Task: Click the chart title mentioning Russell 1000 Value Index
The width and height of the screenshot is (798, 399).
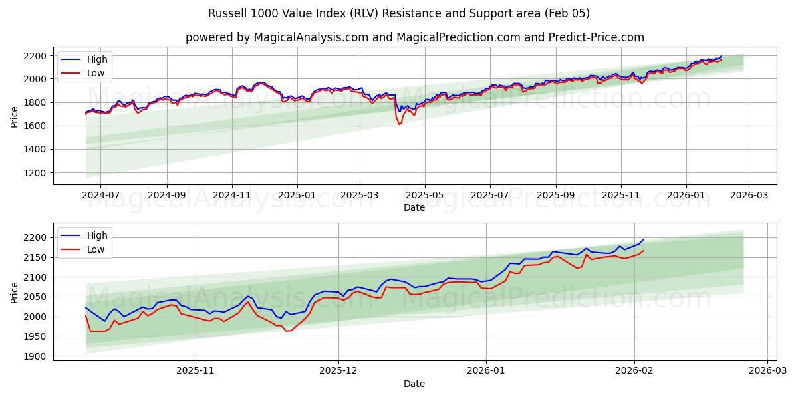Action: (x=398, y=13)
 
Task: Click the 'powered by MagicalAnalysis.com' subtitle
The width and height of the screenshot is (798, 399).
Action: (x=414, y=37)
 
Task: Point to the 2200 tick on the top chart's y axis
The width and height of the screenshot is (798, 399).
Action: (x=36, y=55)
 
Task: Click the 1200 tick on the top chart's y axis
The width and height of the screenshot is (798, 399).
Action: (x=36, y=173)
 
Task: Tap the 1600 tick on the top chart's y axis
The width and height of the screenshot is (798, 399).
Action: (x=36, y=126)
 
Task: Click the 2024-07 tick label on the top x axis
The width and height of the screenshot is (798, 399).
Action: (x=100, y=196)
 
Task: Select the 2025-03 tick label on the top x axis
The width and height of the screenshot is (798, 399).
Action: (x=360, y=196)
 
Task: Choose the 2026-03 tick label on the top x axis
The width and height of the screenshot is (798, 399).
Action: (x=749, y=196)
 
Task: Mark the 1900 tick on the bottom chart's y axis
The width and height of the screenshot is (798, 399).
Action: (x=36, y=356)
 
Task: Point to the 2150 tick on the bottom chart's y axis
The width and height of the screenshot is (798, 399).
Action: (x=36, y=257)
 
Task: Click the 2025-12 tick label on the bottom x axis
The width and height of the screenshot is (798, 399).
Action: (x=338, y=372)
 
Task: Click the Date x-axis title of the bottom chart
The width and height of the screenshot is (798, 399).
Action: (x=414, y=384)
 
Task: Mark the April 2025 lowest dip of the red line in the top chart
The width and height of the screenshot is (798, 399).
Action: (x=400, y=124)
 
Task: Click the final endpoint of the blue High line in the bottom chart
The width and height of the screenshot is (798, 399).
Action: (x=643, y=239)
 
